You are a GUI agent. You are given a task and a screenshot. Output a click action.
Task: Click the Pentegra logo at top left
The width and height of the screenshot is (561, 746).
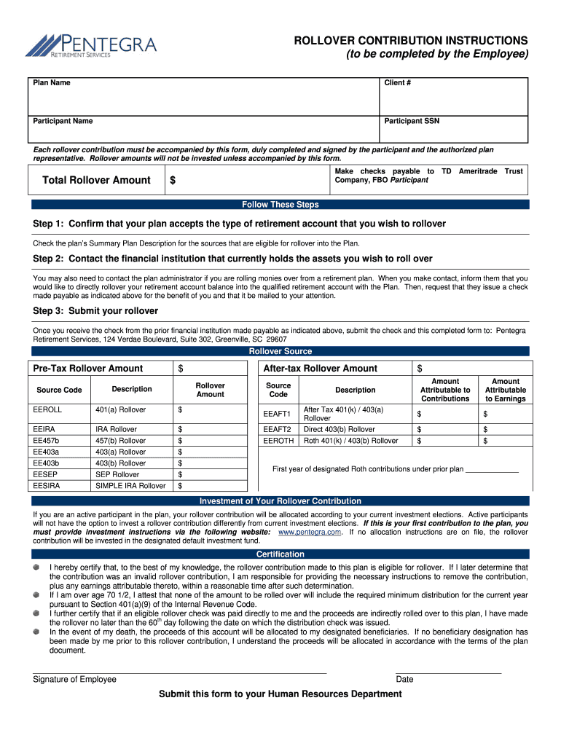pos(90,46)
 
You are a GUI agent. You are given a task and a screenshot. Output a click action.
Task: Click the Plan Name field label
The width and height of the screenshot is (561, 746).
pos(52,83)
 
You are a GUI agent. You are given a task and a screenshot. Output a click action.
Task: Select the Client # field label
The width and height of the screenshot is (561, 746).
pos(398,83)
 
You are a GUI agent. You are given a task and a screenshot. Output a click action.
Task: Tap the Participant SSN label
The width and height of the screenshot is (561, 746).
pos(412,121)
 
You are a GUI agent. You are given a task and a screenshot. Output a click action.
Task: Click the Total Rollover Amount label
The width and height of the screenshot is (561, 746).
pos(96,181)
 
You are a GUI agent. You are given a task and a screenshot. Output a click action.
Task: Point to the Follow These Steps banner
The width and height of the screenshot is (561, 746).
pos(280,205)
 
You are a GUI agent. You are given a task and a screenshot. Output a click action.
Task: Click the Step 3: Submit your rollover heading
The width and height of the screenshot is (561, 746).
pos(95,311)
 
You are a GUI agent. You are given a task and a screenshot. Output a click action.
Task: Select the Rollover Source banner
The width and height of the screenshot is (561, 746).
pos(280,351)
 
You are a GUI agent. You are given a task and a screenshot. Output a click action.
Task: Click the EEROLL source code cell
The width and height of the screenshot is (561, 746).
pos(48,409)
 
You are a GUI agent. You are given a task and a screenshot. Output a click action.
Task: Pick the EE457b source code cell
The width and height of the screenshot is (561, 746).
pos(47,441)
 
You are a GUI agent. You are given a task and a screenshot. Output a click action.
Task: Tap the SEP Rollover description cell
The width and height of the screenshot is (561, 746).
pos(117,474)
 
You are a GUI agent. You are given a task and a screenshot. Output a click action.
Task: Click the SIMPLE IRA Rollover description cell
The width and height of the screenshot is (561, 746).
pos(130,486)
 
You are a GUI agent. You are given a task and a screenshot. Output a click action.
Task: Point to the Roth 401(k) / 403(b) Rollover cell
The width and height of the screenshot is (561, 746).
pos(350,441)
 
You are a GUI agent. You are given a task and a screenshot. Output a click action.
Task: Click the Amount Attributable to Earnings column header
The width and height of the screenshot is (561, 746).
pos(505,390)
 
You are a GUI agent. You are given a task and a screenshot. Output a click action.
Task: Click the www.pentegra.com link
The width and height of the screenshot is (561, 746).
pos(310,533)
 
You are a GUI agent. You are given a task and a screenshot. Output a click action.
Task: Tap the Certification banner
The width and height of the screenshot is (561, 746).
pos(280,554)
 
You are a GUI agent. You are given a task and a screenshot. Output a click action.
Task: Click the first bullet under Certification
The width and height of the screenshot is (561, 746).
pos(36,567)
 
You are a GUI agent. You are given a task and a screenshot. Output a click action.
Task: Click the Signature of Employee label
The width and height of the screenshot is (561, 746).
pos(74,680)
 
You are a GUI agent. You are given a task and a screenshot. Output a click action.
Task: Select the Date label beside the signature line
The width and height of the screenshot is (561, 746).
pos(404,680)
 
